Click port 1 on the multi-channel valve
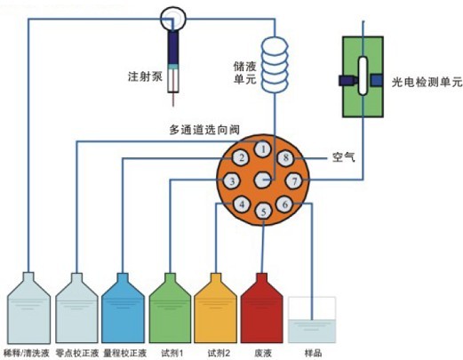click(x=263, y=149)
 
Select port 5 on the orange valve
click(x=263, y=212)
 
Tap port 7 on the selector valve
click(x=294, y=180)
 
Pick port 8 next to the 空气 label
click(x=285, y=157)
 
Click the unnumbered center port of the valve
click(x=263, y=180)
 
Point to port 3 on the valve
click(x=232, y=180)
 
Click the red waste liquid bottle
click(x=261, y=308)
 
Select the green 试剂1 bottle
click(x=170, y=308)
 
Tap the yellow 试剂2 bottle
click(x=215, y=308)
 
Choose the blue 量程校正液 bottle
click(x=123, y=308)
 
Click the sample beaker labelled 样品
click(x=312, y=320)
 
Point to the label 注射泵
click(x=145, y=76)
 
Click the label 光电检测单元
click(x=427, y=82)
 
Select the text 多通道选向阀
click(x=204, y=130)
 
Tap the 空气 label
click(x=344, y=157)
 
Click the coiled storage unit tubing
click(x=275, y=65)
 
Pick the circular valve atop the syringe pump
click(x=173, y=19)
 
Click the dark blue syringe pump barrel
click(x=173, y=48)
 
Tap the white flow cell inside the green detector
click(x=363, y=76)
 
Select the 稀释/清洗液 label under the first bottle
click(x=27, y=353)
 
